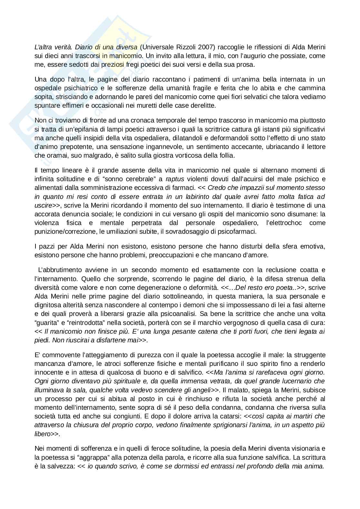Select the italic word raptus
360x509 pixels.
[173, 179]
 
